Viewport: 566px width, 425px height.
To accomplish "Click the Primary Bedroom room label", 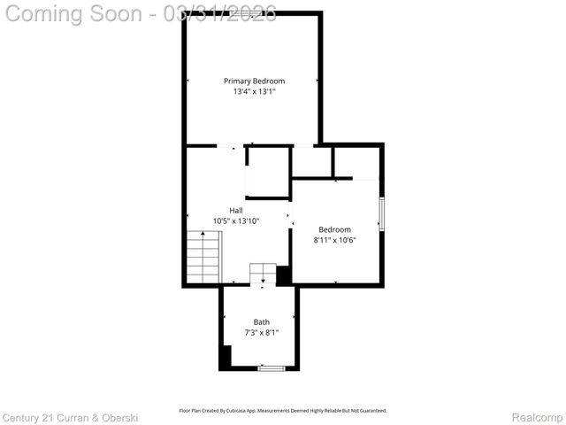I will (x=254, y=81).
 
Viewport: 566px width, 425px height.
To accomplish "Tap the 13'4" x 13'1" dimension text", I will (x=254, y=91).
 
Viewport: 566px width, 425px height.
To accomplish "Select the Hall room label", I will (x=235, y=210).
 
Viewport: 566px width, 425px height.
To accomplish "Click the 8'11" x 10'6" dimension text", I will (x=334, y=239).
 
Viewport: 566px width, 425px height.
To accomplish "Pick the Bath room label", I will (x=262, y=322).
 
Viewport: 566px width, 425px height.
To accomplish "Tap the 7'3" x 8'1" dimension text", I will (x=262, y=333).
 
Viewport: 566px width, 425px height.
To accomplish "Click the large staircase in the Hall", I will (x=203, y=257).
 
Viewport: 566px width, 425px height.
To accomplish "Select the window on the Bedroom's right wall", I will (x=381, y=214).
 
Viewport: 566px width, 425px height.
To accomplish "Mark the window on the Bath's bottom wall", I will (x=271, y=367).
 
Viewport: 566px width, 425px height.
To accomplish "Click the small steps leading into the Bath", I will (x=263, y=273).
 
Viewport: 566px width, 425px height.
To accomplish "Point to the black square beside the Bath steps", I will (x=284, y=275).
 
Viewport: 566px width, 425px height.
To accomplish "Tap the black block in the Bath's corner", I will (x=226, y=356).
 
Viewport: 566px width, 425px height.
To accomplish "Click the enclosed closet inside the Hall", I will (x=268, y=171).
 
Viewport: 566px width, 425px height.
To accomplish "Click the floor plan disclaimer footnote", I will (x=283, y=410).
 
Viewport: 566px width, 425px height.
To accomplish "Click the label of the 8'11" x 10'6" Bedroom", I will (x=334, y=229).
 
